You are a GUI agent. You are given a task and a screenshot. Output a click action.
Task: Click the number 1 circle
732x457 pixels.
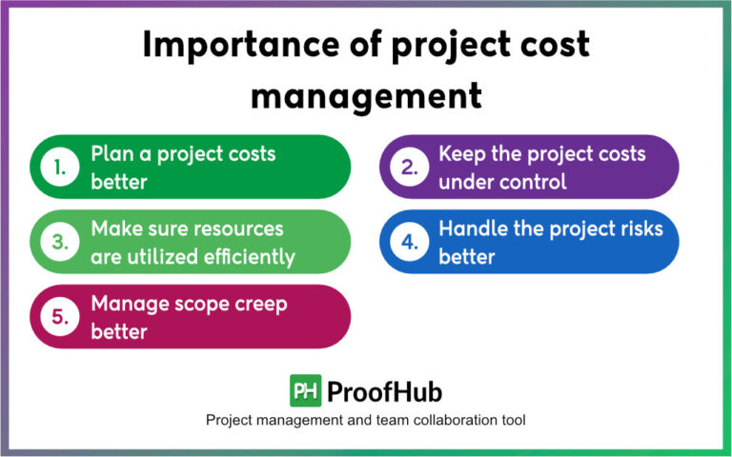pyautogui.click(x=60, y=167)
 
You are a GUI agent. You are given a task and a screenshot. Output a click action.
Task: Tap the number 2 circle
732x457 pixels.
pyautogui.click(x=408, y=167)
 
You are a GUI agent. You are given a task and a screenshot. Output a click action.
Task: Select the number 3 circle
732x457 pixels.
pyautogui.click(x=60, y=242)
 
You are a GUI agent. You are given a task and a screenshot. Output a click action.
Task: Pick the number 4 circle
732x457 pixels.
pyautogui.click(x=408, y=242)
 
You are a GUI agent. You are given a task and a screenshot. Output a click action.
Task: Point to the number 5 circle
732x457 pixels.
pyautogui.click(x=60, y=317)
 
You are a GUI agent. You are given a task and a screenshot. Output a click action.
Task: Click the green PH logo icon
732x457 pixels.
pyautogui.click(x=305, y=391)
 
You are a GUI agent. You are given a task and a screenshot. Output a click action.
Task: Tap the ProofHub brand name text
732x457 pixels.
pyautogui.click(x=384, y=391)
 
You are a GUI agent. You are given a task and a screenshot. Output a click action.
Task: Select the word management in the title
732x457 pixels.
pyautogui.click(x=365, y=95)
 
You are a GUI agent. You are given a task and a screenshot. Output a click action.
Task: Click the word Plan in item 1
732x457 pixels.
pyautogui.click(x=112, y=153)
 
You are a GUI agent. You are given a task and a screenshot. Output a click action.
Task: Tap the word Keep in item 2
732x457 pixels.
pyautogui.click(x=460, y=153)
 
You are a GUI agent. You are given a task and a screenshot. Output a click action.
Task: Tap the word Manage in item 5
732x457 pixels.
pyautogui.click(x=127, y=304)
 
